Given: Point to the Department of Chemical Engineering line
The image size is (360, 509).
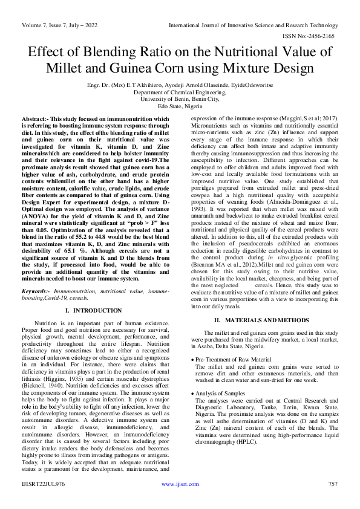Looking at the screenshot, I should (180, 92).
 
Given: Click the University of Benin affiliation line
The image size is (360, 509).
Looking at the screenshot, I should (180, 99).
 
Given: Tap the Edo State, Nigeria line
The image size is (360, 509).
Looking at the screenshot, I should (180, 106).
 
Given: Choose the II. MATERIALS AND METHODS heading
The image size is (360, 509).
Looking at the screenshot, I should (270, 319).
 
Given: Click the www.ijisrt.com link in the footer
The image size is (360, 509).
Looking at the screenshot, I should (180, 484).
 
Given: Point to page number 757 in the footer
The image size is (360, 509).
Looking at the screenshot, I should (332, 484).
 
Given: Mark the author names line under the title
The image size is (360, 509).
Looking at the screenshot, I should (180, 85).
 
